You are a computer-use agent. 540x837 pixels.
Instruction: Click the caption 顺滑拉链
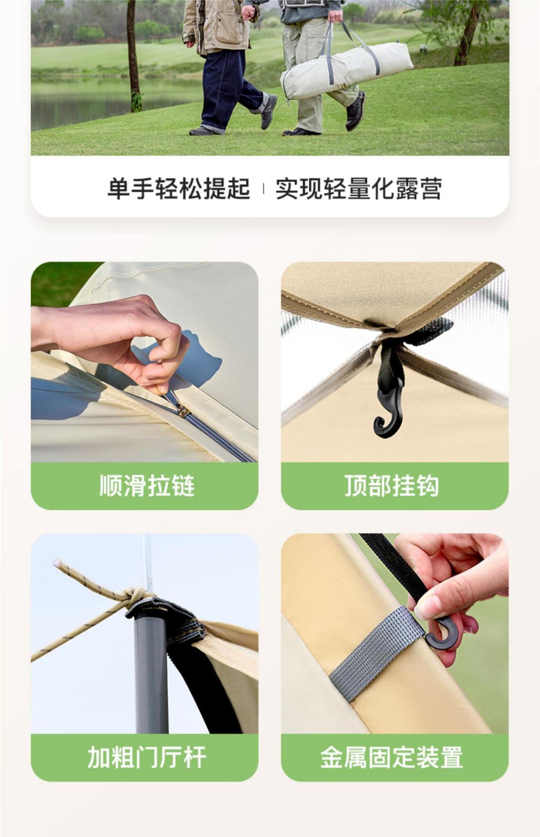(x=147, y=485)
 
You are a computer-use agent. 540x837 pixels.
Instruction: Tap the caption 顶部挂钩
(x=392, y=485)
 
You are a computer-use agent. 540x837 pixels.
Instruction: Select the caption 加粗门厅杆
(x=146, y=757)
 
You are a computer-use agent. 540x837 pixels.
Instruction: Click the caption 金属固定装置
(x=392, y=757)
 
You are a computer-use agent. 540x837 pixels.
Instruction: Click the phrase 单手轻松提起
(x=179, y=189)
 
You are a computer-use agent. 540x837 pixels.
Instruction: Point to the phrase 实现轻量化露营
(x=359, y=189)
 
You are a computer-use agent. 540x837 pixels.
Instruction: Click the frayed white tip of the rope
(x=56, y=563)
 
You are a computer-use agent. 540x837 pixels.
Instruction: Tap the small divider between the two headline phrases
(x=263, y=189)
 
